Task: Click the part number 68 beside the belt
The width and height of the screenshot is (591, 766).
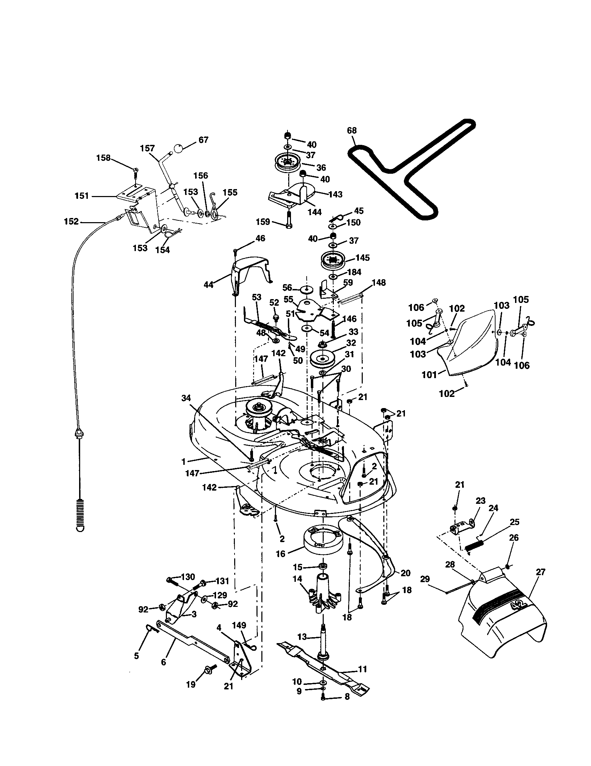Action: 351,131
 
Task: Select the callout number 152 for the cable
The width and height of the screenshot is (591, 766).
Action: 71,221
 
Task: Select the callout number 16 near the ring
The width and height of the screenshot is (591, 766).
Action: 281,554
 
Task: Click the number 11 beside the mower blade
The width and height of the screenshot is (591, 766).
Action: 362,669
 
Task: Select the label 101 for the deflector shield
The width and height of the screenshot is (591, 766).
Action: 429,375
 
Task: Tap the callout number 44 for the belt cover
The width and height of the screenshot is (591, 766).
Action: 208,285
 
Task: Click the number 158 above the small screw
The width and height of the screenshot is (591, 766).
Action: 103,158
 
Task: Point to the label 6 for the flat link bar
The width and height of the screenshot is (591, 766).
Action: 163,662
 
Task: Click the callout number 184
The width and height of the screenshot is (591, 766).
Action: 354,272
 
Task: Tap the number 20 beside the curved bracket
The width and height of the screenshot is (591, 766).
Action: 405,573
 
